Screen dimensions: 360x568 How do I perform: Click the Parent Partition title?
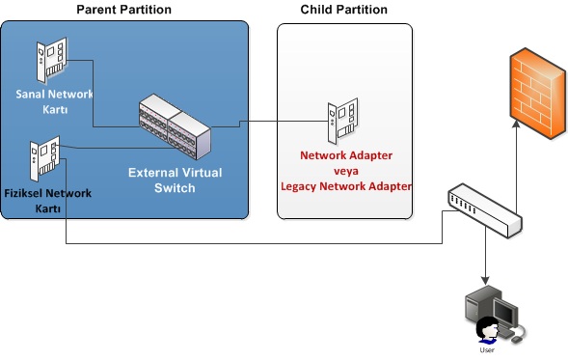click(123, 10)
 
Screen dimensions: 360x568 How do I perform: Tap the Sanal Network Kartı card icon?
click(53, 60)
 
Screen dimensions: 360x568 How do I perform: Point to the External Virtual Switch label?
click(176, 180)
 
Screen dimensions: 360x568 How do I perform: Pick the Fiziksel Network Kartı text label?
click(48, 200)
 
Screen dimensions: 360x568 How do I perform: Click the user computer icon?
click(491, 318)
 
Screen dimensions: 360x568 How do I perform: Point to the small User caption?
click(489, 350)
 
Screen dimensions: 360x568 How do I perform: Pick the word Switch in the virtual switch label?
click(176, 188)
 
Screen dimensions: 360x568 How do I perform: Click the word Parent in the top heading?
click(96, 10)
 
